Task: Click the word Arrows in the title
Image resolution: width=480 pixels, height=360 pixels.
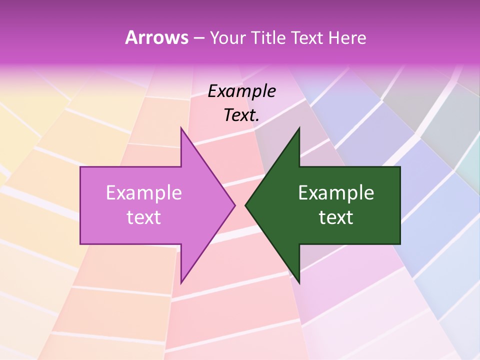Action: pos(156,37)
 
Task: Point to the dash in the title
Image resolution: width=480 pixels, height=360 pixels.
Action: pos(198,38)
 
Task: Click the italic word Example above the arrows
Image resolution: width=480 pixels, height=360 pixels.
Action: pos(242,91)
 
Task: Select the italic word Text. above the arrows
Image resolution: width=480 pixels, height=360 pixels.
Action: pos(242,115)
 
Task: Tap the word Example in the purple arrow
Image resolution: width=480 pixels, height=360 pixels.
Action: pos(144,193)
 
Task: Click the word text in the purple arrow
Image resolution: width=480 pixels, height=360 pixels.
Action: pos(144,217)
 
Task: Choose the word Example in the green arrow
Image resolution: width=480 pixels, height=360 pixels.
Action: pos(336,193)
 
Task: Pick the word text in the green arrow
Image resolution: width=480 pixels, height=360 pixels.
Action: pos(336,217)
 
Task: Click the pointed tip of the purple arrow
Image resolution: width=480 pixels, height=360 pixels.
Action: pos(235,205)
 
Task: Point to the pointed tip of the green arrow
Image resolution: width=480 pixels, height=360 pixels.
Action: pos(245,205)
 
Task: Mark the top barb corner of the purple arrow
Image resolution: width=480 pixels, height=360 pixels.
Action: pos(181,128)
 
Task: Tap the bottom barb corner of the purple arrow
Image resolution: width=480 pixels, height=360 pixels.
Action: pos(181,283)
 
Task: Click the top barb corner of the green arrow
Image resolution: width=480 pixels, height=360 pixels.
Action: pos(299,128)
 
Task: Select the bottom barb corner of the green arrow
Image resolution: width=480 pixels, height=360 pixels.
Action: pos(299,283)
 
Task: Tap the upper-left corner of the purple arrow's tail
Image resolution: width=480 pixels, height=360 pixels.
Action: pos(80,167)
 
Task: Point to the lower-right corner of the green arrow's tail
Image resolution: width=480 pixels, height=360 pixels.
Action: pos(400,244)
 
